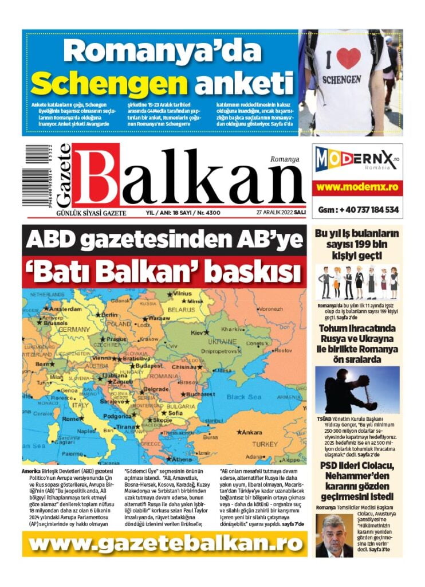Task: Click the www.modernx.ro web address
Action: pos(357,187)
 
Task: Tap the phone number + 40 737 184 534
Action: pos(358,210)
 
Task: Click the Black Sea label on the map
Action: pos(243,397)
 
